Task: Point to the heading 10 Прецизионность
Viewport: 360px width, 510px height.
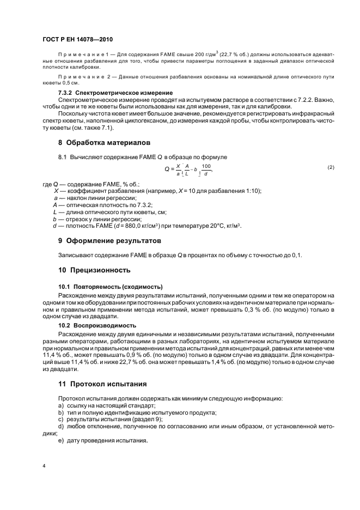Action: pyautogui.click(x=94, y=270)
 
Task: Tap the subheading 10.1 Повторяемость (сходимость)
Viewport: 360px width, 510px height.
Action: pyautogui.click(x=111, y=287)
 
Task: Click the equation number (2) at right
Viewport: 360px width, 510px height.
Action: pyautogui.click(x=331, y=167)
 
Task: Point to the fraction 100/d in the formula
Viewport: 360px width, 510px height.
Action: pyautogui.click(x=205, y=169)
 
